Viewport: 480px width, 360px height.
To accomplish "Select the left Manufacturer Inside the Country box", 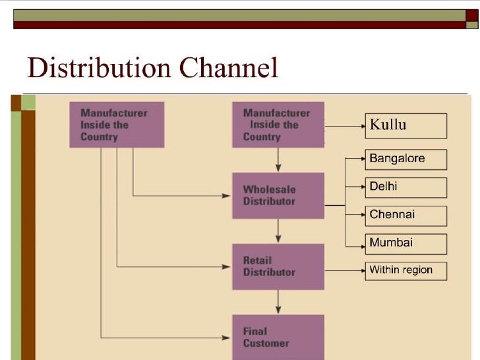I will [117, 125].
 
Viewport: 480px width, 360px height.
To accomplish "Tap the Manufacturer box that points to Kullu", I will [278, 125].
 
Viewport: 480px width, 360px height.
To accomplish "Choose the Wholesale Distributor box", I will [278, 195].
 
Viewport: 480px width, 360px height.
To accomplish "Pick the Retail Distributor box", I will [278, 266].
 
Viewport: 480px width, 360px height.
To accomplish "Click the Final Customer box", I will [278, 337].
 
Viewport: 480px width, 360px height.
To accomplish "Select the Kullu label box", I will [405, 125].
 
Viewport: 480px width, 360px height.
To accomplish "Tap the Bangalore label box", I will [405, 159].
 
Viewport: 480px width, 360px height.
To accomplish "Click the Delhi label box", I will [405, 187].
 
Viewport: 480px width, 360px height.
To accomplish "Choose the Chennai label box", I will [405, 216].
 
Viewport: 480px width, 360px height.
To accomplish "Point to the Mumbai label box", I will [405, 243].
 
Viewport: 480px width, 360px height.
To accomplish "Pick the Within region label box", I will [405, 270].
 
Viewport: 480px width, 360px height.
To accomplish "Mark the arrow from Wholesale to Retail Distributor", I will [279, 231].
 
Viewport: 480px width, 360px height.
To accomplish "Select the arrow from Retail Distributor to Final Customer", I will [279, 302].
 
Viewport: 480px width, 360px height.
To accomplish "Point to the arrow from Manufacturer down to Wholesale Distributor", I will [279, 160].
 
